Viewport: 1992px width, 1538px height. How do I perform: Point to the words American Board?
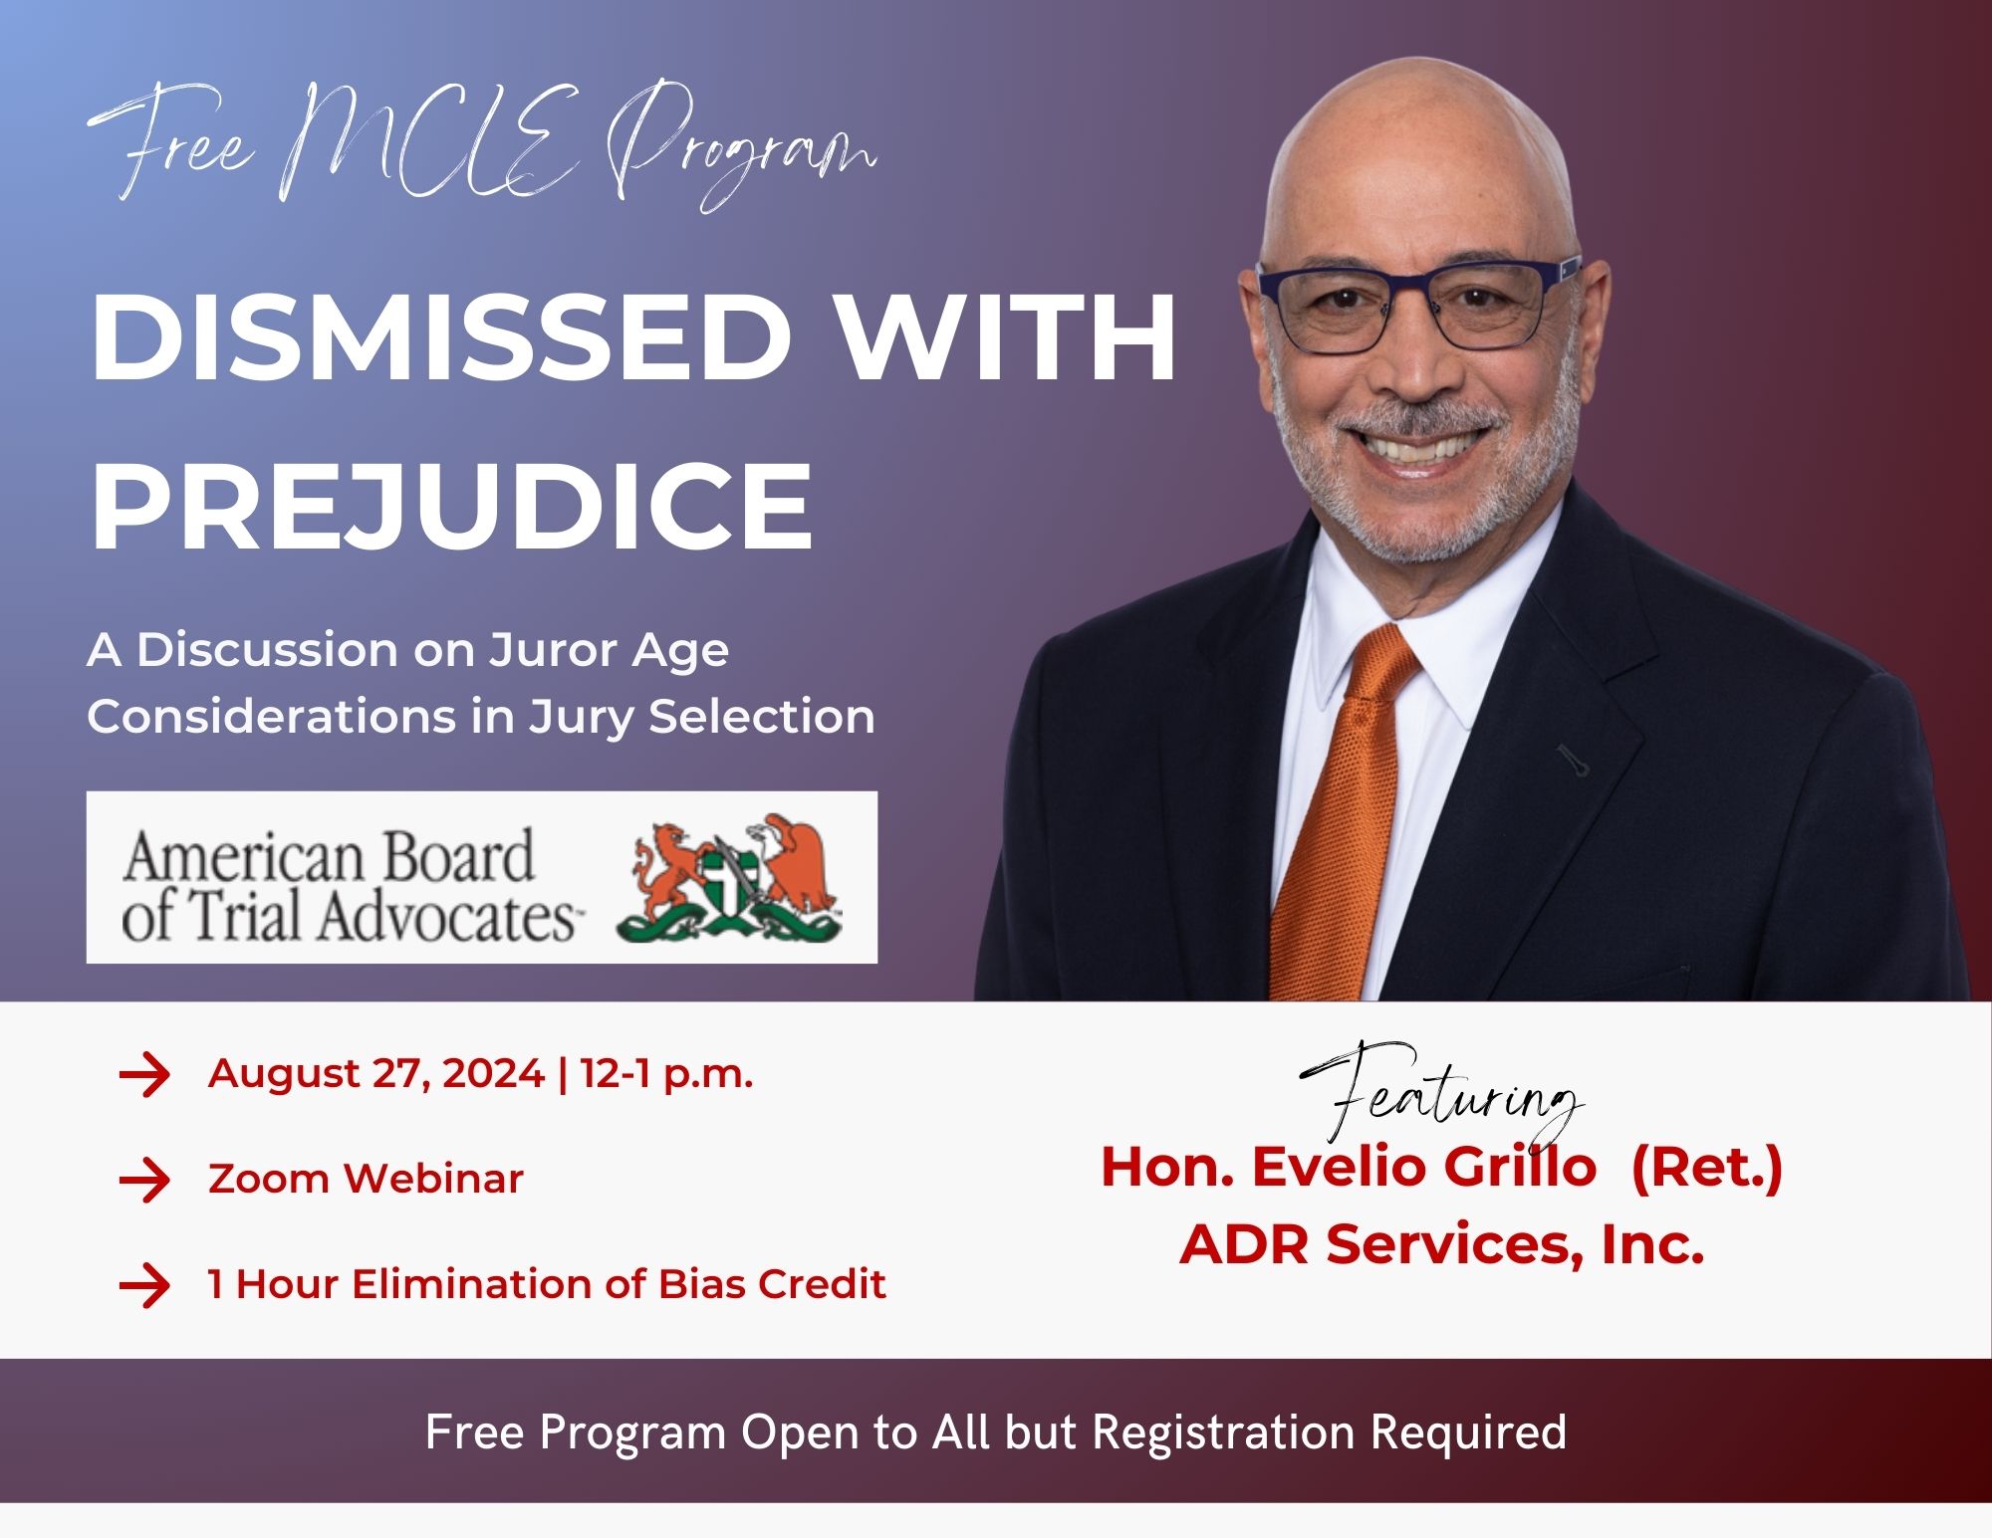coord(328,856)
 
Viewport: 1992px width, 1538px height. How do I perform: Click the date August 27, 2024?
coord(376,1075)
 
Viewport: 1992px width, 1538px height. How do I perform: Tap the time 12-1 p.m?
coord(666,1075)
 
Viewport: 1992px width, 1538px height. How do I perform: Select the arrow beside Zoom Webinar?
coord(144,1181)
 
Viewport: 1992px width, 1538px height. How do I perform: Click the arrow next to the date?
coord(144,1075)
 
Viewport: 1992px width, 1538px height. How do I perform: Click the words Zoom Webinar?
coord(366,1180)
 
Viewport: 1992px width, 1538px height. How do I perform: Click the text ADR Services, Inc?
coord(1441,1243)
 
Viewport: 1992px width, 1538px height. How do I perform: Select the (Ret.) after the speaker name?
coord(1706,1167)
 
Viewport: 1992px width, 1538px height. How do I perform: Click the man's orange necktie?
coord(1340,816)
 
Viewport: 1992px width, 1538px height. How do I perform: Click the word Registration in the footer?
coord(1223,1432)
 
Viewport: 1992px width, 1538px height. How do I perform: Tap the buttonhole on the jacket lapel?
coord(1573,760)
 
